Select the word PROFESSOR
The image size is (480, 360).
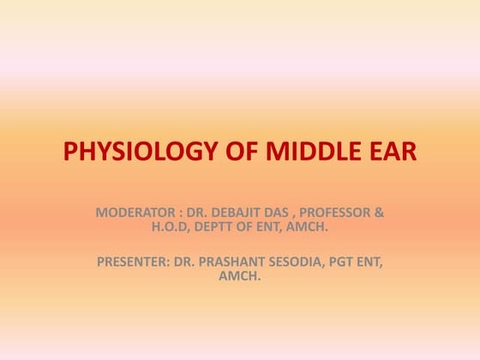(343, 212)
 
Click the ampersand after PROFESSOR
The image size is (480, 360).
(380, 212)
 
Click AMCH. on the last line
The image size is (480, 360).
(239, 278)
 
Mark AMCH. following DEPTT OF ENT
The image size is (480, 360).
(309, 227)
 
